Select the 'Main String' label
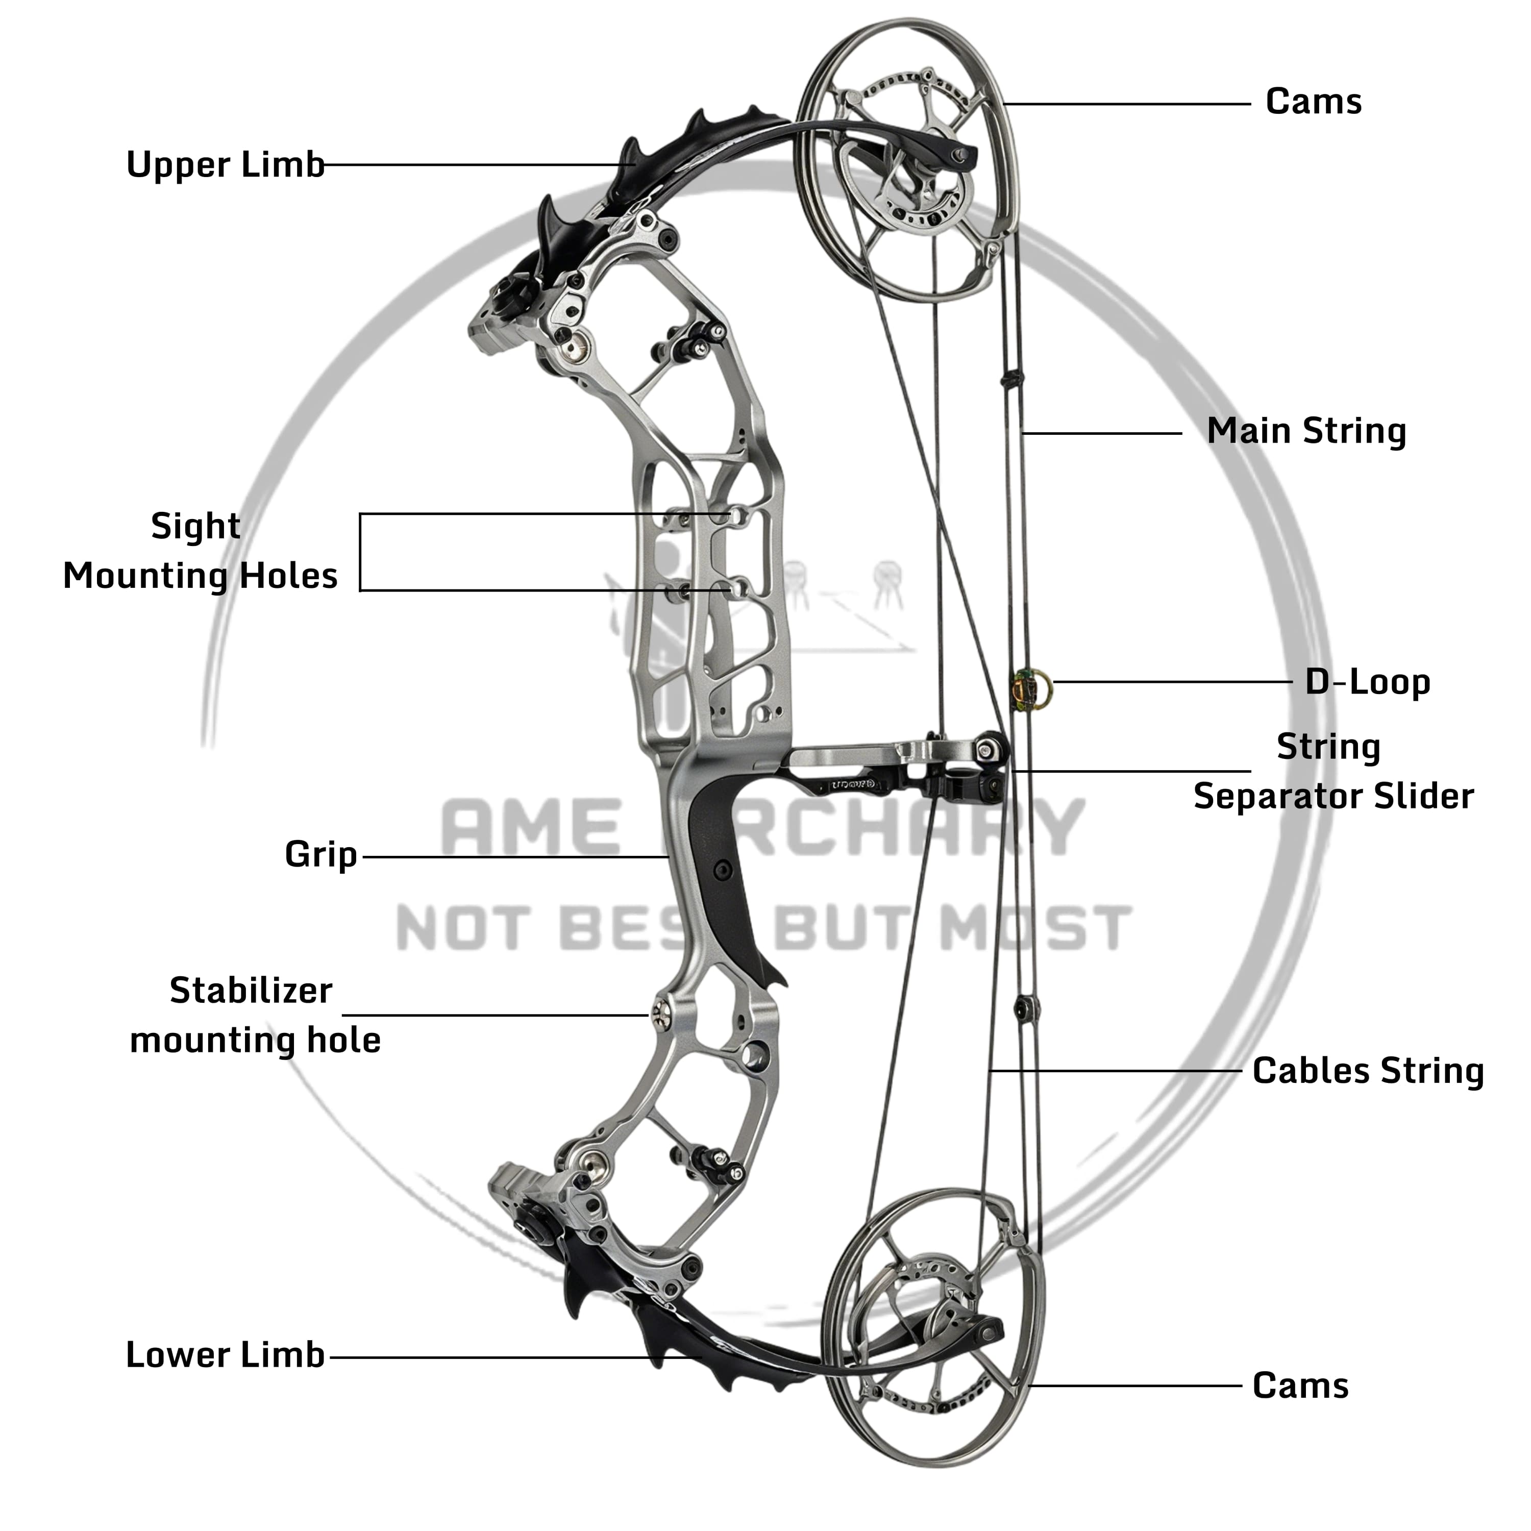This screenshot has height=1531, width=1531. click(1306, 431)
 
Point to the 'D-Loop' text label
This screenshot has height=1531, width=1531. click(1368, 682)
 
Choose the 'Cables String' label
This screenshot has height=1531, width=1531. click(1368, 1071)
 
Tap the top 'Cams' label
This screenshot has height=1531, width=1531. click(1313, 102)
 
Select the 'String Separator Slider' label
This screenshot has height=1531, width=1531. click(1333, 771)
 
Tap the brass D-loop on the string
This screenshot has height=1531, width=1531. click(1032, 688)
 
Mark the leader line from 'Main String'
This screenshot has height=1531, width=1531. click(1101, 433)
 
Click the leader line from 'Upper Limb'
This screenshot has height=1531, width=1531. click(476, 165)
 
